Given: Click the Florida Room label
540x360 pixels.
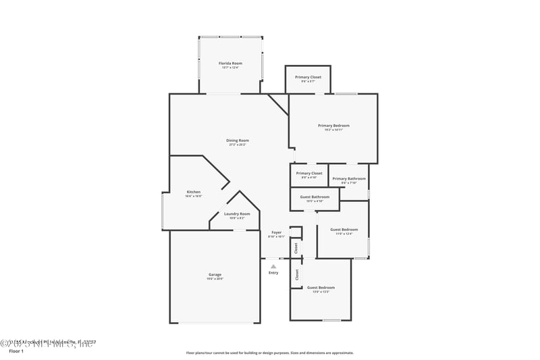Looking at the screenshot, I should (230, 63).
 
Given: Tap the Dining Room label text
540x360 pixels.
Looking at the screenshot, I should (238, 140).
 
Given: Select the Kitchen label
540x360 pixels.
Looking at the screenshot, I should (193, 192).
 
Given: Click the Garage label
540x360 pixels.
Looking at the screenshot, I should (215, 275).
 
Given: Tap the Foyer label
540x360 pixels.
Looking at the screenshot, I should (276, 232).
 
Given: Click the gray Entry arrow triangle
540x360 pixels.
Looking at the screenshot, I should (273, 266).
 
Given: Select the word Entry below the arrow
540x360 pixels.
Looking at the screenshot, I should (273, 273).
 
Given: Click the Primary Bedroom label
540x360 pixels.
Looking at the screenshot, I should (333, 126).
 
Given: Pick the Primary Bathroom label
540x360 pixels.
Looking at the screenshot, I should (349, 179).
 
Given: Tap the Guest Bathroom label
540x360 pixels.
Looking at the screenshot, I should (315, 197).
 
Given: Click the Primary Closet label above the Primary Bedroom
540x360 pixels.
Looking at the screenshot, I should (308, 78).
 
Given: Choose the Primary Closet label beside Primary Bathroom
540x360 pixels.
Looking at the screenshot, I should (309, 174).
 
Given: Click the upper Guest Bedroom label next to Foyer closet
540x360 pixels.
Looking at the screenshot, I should (344, 230).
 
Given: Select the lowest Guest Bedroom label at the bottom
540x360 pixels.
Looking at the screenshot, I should (321, 288).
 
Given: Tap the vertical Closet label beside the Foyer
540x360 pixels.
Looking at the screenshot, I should (296, 248).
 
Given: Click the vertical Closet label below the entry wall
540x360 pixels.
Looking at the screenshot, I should (296, 275).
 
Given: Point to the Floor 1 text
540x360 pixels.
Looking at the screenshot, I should (16, 351).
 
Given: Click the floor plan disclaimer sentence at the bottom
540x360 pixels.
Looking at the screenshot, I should (269, 353).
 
